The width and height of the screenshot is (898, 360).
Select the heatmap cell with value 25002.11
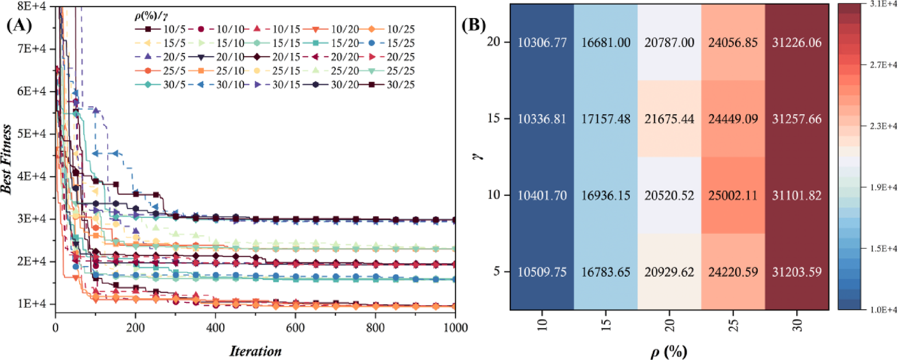point(733,196)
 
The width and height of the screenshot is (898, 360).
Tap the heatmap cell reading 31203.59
point(796,273)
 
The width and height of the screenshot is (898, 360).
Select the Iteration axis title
point(255,351)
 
